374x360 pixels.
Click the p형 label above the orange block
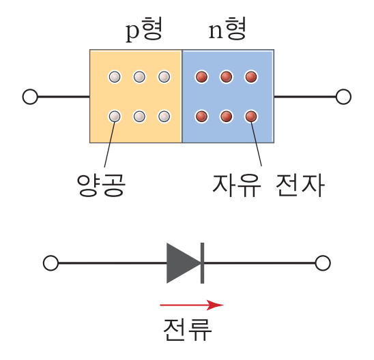[x=144, y=29]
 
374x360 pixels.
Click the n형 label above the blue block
[x=227, y=29]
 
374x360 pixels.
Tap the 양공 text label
[x=101, y=185]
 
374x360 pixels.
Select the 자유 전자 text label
[x=268, y=185]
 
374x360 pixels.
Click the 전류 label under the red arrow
[x=188, y=329]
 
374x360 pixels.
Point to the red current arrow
[x=192, y=305]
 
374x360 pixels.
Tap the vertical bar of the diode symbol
[x=202, y=263]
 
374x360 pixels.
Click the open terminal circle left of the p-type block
[x=30, y=97]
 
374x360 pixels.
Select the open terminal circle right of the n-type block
[x=343, y=97]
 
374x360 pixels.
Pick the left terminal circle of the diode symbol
[x=51, y=263]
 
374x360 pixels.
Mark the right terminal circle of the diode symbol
[x=323, y=263]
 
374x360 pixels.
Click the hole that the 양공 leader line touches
[x=115, y=117]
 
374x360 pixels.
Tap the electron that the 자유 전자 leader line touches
[x=251, y=117]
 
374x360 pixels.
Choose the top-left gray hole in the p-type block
[x=115, y=77]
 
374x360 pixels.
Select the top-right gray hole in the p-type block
[x=164, y=77]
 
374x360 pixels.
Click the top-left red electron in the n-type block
[x=201, y=77]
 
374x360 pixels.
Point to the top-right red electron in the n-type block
[x=251, y=77]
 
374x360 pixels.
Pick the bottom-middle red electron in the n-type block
[x=226, y=117]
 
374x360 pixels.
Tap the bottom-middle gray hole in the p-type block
[x=139, y=117]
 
